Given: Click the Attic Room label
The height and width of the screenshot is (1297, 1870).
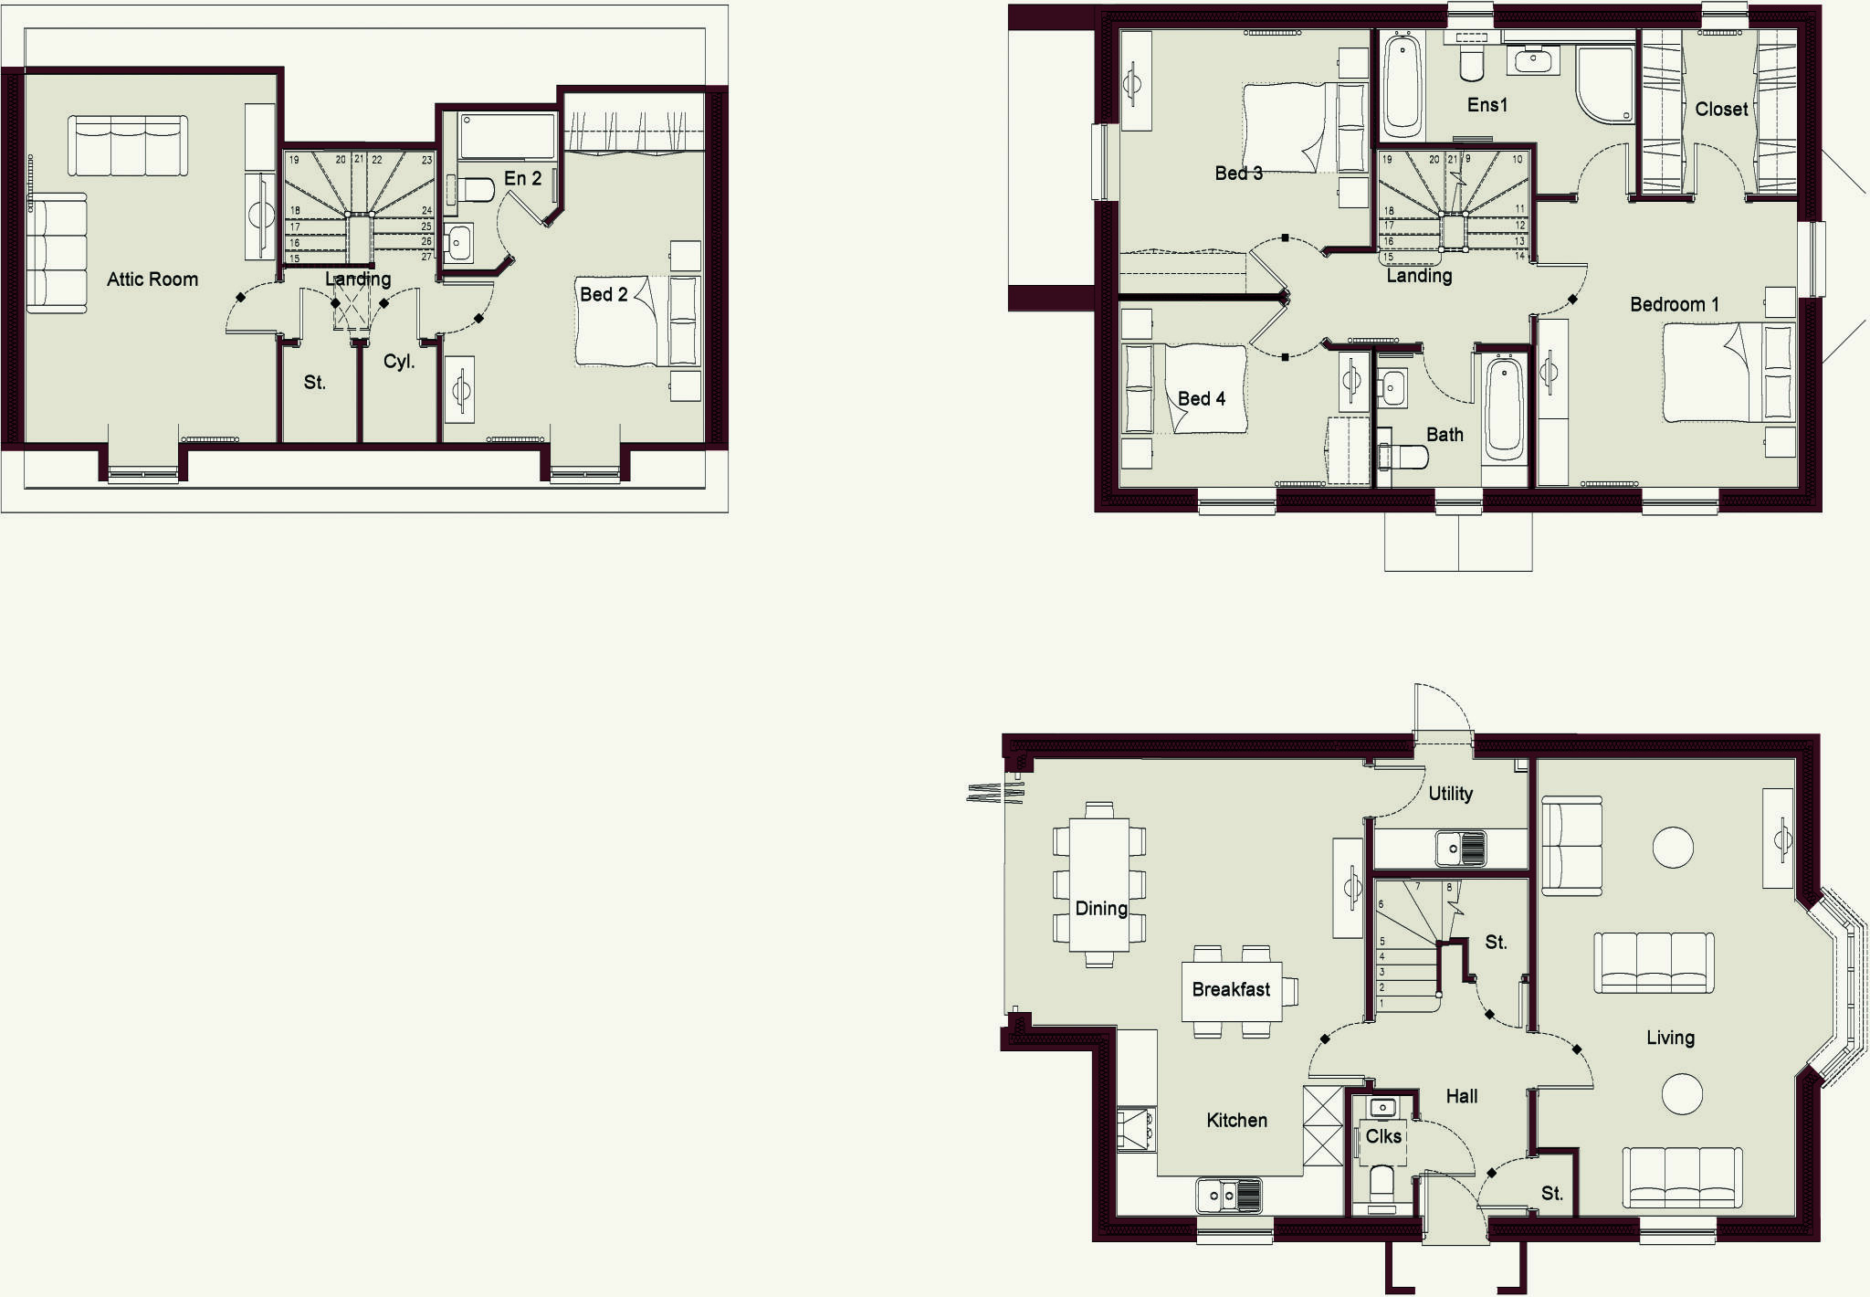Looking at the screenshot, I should [152, 279].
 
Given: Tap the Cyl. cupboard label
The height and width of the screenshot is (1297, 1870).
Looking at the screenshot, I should [399, 362].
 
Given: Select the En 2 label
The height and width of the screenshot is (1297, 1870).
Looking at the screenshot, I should [523, 179].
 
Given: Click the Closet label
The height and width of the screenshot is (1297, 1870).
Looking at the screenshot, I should [1721, 110].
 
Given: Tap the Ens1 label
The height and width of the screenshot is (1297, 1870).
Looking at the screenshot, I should [1487, 105].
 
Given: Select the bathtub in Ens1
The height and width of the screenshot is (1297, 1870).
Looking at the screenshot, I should [1402, 86].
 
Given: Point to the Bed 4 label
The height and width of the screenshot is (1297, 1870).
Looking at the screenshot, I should [1202, 399].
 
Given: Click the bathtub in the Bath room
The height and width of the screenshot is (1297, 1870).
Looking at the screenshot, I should [1504, 408].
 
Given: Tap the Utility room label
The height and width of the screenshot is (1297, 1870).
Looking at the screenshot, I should [1451, 794].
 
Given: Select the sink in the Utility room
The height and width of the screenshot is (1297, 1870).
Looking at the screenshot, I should [1460, 849].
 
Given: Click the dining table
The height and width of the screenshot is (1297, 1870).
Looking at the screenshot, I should [1099, 884].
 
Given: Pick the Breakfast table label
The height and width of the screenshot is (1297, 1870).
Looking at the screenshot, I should [1231, 990].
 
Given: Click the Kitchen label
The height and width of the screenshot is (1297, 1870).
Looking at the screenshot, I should [1236, 1121].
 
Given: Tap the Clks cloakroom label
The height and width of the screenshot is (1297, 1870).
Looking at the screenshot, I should [1383, 1137].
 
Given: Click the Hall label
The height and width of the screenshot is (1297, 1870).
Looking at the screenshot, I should [1462, 1097].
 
